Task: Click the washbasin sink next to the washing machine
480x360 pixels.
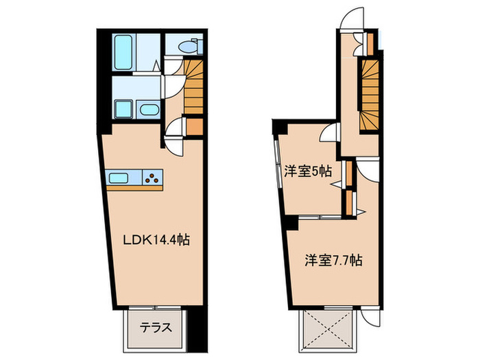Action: [x=147, y=110]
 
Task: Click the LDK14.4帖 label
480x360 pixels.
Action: [x=156, y=241]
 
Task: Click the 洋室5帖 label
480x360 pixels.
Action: [x=307, y=172]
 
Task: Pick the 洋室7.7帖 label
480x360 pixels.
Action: [x=333, y=261]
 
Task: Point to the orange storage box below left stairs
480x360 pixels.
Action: [x=195, y=128]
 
